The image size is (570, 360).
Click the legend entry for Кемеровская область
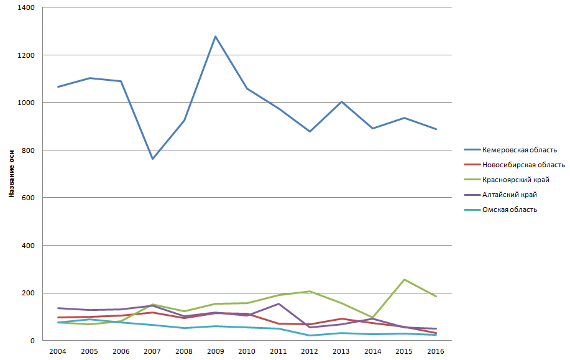coord(519,150)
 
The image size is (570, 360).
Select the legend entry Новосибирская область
coord(523,165)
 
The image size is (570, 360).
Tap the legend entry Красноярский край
coord(515,180)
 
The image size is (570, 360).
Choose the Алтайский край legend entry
coord(509,195)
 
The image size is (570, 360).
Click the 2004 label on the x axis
coord(58,351)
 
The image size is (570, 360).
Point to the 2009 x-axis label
coord(215,351)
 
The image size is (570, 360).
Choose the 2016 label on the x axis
coord(435,351)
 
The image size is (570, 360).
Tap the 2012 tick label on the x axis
coord(310,351)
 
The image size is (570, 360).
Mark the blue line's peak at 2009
coord(215,37)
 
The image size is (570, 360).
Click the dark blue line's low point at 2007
coord(152,159)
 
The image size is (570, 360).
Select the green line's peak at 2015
coord(404,280)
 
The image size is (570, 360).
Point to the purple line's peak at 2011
coord(278,303)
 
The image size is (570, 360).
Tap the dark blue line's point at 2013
coord(341,101)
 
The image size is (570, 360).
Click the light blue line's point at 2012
coord(310,336)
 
